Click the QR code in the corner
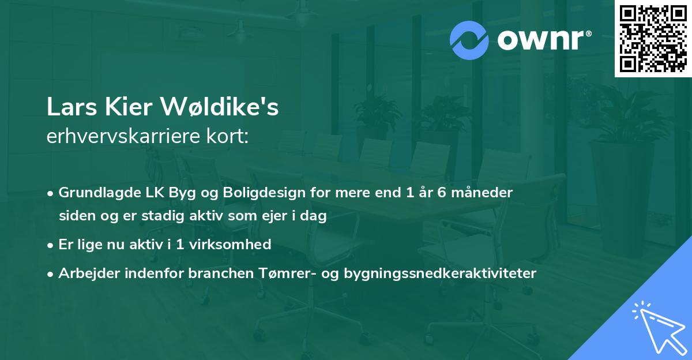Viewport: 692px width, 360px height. pos(653,39)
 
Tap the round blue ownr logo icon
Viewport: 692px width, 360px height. pos(469,40)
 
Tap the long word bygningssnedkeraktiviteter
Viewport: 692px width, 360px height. pos(440,273)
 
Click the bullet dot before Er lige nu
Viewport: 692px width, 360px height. pos(51,245)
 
